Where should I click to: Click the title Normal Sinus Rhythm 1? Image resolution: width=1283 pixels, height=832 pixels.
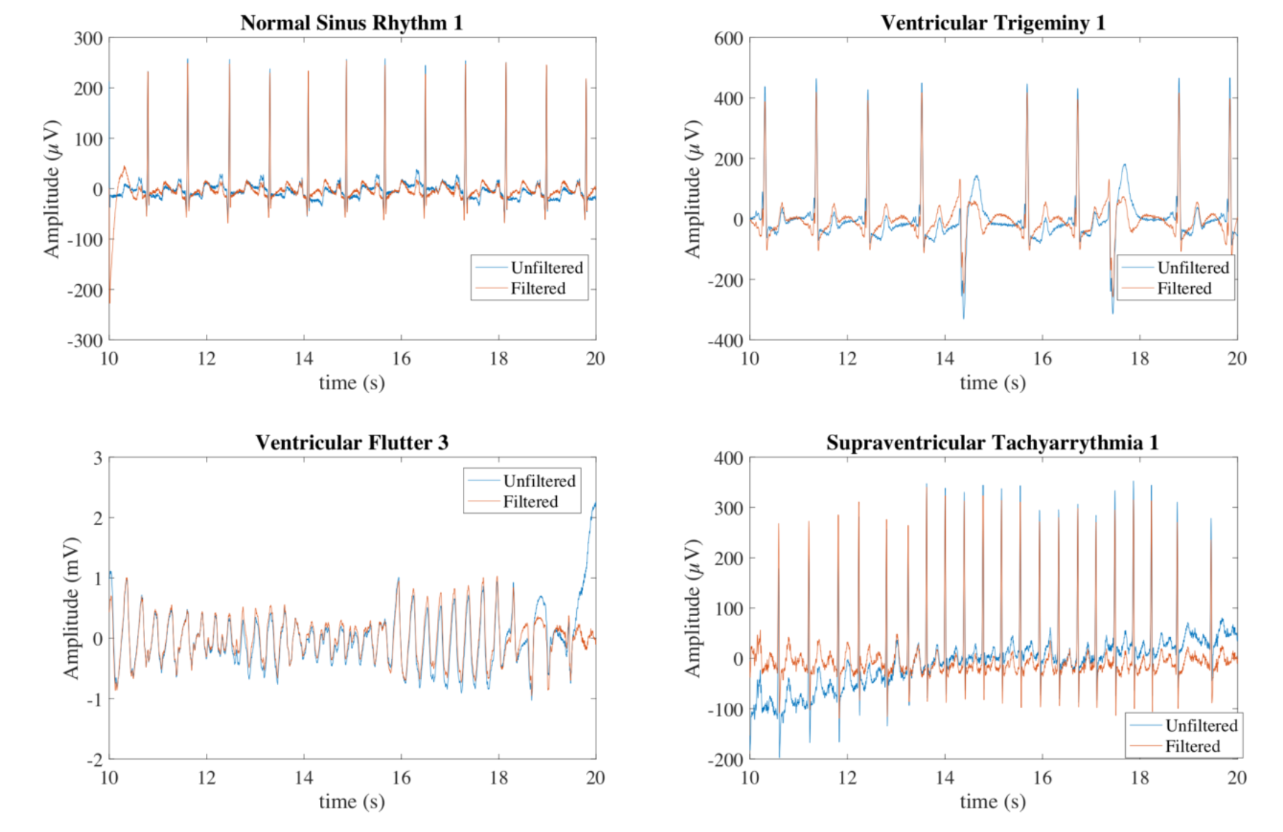point(352,23)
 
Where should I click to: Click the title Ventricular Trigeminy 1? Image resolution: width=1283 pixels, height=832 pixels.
point(992,23)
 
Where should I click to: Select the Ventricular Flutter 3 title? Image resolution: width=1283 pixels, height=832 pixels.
point(352,443)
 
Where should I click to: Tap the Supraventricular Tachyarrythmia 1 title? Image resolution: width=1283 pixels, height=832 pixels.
point(992,443)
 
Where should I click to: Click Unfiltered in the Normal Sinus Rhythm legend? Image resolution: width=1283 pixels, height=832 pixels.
point(546,268)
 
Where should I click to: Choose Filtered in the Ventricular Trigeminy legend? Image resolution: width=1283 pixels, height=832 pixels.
point(1184,288)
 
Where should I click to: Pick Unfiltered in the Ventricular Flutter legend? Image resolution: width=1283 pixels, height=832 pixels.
point(539,481)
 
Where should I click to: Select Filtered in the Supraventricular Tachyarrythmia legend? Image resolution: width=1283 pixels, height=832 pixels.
point(1192,746)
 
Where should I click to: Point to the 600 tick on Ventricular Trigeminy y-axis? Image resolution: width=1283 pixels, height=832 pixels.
point(728,39)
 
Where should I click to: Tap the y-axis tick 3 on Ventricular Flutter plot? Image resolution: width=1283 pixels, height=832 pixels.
point(98,458)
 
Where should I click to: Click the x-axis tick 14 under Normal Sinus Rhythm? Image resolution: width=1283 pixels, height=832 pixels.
point(304,359)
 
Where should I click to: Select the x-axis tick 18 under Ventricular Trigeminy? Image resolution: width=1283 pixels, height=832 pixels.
point(1139,359)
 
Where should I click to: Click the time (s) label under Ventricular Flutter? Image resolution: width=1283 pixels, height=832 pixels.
point(352,801)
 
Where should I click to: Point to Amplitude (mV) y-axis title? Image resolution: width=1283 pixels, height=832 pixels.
point(70,608)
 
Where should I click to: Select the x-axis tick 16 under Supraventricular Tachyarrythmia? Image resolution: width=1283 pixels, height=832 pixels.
point(1042,777)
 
